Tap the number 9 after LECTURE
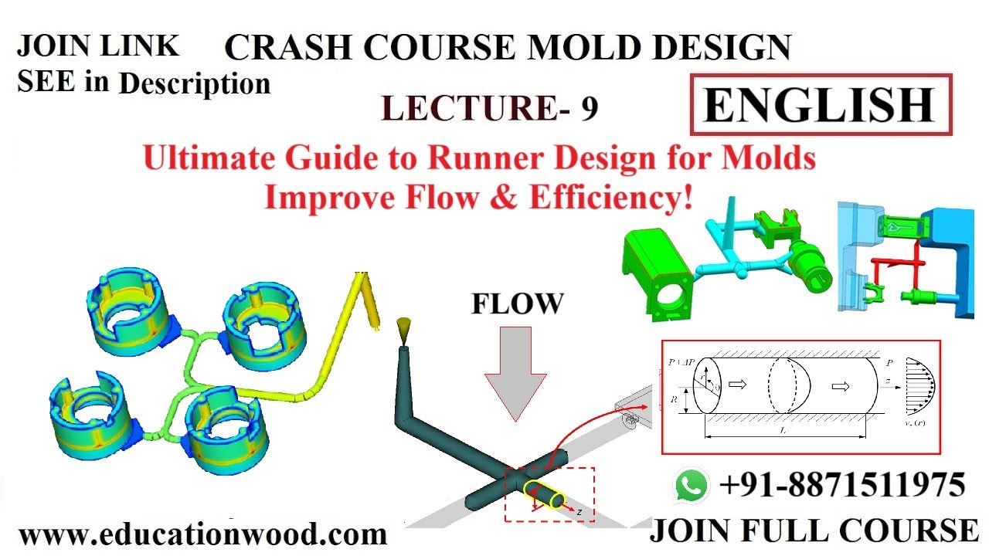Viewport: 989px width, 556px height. (x=589, y=109)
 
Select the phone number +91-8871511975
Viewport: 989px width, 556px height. (x=842, y=486)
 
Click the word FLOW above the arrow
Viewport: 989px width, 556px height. (x=518, y=305)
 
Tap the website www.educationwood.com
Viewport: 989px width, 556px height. (x=202, y=534)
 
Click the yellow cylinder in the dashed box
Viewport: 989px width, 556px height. (x=544, y=494)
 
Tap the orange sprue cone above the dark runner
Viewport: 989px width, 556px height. (x=403, y=333)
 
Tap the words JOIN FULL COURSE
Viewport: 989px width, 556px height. (x=814, y=531)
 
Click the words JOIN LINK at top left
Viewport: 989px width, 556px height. (x=97, y=46)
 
